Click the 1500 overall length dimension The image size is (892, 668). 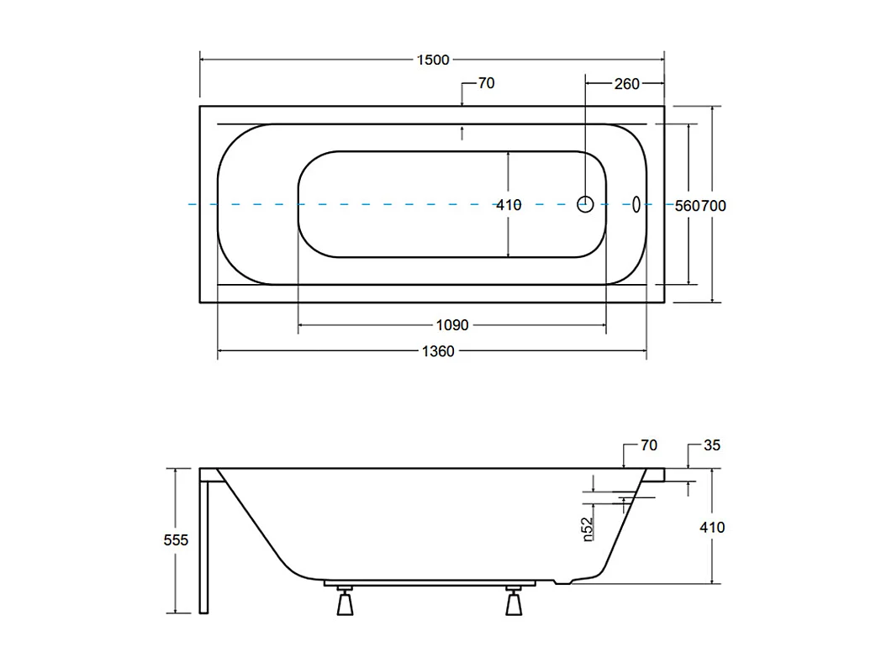[x=433, y=60]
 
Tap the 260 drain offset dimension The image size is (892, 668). [x=626, y=83]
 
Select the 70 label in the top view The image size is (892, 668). [x=486, y=83]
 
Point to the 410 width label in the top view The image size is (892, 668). [x=509, y=204]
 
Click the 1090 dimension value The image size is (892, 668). [x=451, y=325]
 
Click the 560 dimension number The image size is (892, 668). [x=689, y=205]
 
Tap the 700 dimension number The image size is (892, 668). [x=715, y=205]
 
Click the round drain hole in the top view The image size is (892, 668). [x=586, y=203]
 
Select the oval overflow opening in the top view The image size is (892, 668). [x=636, y=203]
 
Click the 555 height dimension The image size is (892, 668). [x=176, y=540]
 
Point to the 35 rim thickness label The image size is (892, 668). [x=712, y=445]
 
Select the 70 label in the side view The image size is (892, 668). [x=648, y=445]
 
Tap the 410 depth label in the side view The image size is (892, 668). [x=712, y=528]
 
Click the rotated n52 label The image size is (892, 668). [x=589, y=529]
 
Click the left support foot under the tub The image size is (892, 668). [x=345, y=602]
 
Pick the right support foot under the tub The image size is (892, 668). [x=514, y=602]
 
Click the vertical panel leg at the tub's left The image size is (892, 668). [x=203, y=542]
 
